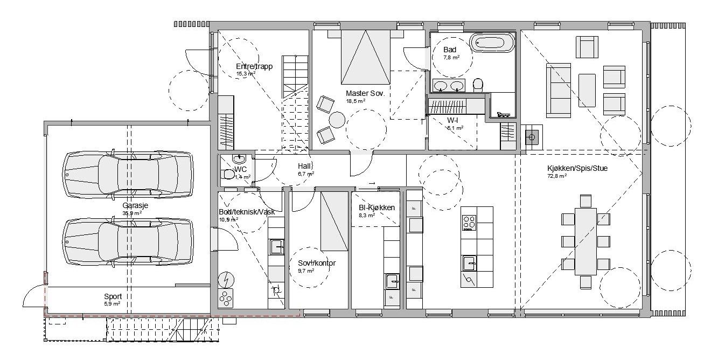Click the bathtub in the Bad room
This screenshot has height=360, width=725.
[x=492, y=43]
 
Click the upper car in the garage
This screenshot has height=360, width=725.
[x=128, y=174]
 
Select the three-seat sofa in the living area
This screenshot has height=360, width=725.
[x=558, y=90]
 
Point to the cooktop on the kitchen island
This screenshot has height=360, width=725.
[x=469, y=223]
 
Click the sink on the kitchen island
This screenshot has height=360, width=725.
[x=470, y=264]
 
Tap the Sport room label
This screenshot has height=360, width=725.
[x=113, y=296]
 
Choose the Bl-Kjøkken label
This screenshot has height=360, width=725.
[x=377, y=207]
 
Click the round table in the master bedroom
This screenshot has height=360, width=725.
[x=338, y=119]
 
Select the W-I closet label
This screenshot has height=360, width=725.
[x=452, y=120]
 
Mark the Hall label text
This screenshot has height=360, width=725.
[x=305, y=167]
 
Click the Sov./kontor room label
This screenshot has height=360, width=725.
[x=317, y=263]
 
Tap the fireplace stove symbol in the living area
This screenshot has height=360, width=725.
[x=532, y=137]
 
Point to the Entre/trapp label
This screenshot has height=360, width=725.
[x=254, y=66]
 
